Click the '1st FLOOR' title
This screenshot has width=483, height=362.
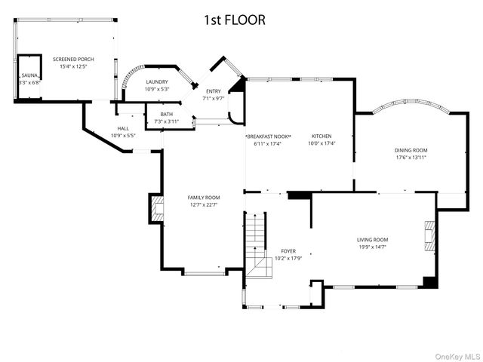[x=234, y=20]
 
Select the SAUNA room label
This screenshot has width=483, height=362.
[x=29, y=75]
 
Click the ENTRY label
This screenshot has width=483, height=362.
[x=214, y=91]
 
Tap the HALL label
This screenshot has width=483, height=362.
[x=123, y=129]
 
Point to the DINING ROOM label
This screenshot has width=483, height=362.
[x=411, y=150]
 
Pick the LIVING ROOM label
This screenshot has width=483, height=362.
[x=373, y=240]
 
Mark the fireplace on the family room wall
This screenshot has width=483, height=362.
[x=156, y=209]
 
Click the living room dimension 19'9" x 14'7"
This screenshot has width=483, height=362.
[x=373, y=247]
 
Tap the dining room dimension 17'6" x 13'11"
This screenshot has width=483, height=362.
[x=411, y=158]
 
